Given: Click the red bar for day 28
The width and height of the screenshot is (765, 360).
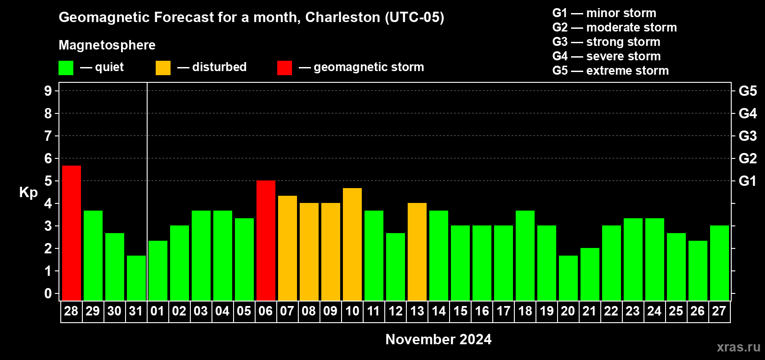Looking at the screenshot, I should coord(72,233).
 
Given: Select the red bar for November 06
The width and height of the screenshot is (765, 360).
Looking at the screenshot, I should coord(266,240).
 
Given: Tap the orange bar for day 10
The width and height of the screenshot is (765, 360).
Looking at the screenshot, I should coord(352,244).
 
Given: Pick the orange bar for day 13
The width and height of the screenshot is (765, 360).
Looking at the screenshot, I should coord(417,252).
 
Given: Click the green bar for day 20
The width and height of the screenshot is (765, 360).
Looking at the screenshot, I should coord(568,278).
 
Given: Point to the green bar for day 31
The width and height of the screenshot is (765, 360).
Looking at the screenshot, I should coord(136,278).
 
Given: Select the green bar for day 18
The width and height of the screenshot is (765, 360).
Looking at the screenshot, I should coord(525,255).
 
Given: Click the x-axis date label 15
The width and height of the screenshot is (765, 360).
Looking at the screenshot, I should coord(460,311).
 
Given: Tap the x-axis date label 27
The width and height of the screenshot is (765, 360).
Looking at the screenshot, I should coord(719,311).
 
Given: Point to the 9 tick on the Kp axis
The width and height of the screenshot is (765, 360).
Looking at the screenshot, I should coord(48,91).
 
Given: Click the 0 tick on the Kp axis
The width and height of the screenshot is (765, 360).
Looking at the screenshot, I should coord(48,294).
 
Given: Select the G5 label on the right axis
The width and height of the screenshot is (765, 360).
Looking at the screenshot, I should coord(747,91).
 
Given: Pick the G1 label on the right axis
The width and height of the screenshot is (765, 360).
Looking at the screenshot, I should coord(747,181).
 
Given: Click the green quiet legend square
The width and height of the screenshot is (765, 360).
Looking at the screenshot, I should coord(66,68).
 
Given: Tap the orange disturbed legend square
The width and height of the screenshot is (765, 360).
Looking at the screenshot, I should coord(163,68).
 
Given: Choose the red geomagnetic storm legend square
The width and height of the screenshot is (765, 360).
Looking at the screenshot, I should coord(284,68).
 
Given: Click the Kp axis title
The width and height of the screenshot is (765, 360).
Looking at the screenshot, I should coord(28,192).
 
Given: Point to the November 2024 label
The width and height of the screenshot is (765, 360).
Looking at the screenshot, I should coord(438,339).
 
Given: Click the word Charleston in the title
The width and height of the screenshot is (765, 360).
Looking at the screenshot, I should coord(342,17).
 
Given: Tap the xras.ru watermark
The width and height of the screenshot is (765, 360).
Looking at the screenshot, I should coord(738,347).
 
